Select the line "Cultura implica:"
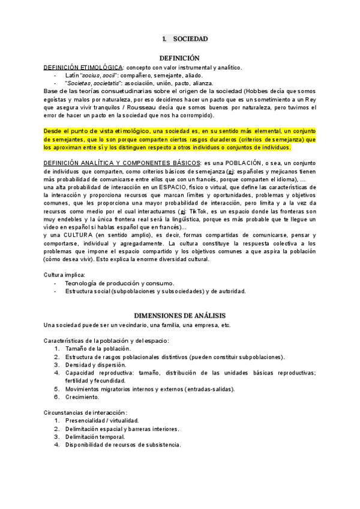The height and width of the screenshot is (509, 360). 65,274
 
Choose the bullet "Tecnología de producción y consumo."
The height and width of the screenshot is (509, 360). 119,283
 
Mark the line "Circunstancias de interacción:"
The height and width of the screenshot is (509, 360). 86,412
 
